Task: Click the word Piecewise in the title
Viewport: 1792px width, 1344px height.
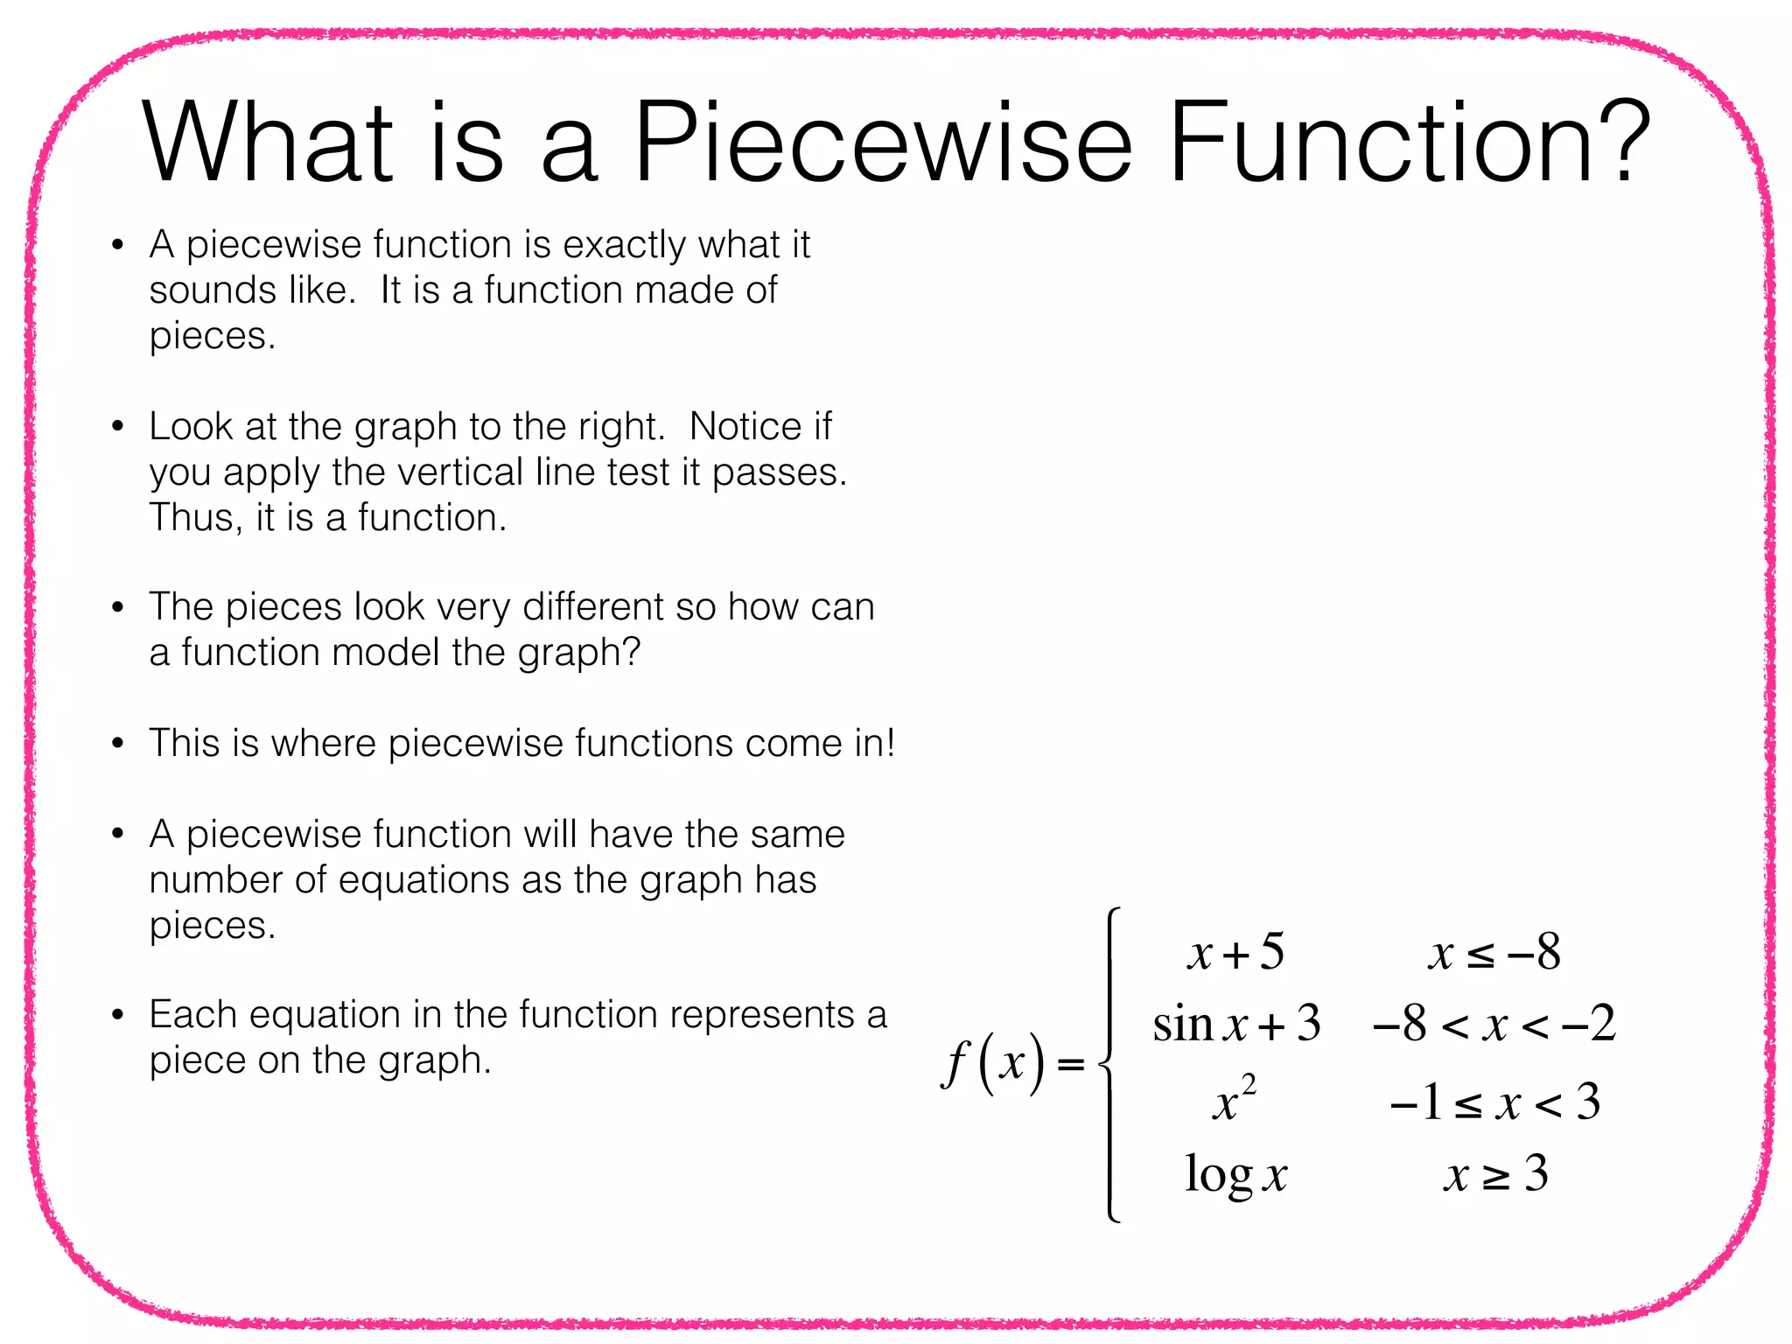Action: coord(882,142)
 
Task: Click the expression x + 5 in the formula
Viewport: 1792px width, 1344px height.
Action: coord(1235,952)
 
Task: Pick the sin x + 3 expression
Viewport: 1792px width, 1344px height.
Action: coord(1235,1023)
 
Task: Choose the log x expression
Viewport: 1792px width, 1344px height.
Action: coord(1235,1175)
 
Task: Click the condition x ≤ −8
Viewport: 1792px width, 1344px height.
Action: coord(1494,952)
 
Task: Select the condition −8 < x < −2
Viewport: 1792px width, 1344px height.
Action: coord(1494,1023)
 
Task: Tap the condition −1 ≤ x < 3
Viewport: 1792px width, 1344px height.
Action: coord(1494,1102)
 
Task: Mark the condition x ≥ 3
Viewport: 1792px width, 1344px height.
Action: coord(1495,1175)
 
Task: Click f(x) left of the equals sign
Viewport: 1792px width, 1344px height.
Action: coord(993,1063)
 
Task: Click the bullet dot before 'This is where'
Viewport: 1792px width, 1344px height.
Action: coord(118,745)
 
